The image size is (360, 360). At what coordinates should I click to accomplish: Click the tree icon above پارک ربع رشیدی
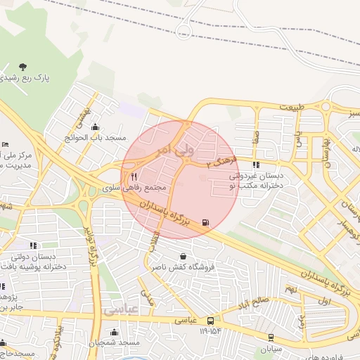23,67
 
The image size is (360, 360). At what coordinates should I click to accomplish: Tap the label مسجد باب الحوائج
99,138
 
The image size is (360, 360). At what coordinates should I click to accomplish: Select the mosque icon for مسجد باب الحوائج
95,127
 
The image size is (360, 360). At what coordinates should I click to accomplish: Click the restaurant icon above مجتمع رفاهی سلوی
134,177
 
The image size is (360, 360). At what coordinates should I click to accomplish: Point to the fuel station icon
205,223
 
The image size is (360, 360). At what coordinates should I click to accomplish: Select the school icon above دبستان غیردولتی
255,165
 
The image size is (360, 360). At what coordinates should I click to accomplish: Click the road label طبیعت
294,107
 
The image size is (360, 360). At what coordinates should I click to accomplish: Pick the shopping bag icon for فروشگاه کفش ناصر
184,256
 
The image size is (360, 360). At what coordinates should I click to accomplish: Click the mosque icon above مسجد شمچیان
114,331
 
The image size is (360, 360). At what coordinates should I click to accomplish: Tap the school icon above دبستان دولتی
32,245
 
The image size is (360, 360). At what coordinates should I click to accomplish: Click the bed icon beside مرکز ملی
6,144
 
